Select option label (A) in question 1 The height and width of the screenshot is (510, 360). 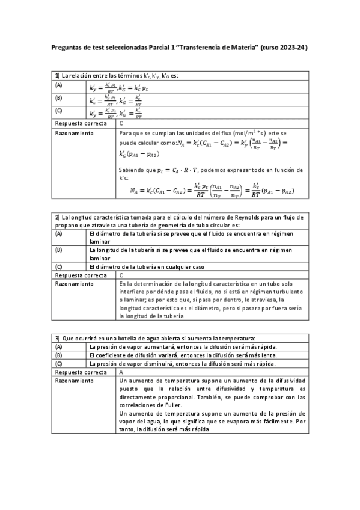click(59, 86)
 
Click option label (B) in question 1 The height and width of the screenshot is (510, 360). click(59, 97)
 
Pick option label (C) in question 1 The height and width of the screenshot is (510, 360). click(59, 111)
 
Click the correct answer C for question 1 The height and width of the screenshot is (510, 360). click(122, 122)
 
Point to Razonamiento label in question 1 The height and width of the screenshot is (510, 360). click(74, 132)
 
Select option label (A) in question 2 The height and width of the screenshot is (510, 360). click(59, 232)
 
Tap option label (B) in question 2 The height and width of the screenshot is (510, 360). click(59, 249)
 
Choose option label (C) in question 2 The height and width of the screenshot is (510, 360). click(59, 266)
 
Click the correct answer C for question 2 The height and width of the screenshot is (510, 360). click(122, 274)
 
